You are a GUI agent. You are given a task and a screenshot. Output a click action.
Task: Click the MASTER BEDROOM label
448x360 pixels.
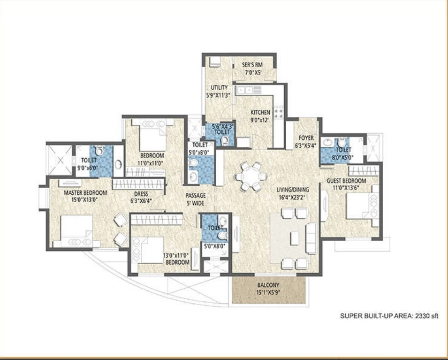pos(85,192)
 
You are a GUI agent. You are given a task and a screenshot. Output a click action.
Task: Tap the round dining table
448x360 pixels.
pos(251,176)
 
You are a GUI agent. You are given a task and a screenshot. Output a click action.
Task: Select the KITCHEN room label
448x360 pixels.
pos(260,112)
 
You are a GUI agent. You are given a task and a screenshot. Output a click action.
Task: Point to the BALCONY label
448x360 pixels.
pos(268,285)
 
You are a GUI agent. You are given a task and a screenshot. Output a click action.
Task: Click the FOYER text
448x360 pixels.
pos(306,138)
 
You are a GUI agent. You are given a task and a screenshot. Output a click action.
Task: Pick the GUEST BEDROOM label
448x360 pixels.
pos(346,181)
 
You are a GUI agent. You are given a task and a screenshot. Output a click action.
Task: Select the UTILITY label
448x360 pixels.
pos(219,87)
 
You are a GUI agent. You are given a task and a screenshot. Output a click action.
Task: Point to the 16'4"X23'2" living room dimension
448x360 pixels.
pos(293,197)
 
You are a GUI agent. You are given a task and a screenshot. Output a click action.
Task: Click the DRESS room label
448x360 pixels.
pos(141,194)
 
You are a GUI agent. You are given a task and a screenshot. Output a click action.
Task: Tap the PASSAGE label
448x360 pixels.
pos(196,196)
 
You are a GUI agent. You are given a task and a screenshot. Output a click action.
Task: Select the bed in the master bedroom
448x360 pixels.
pos(76,231)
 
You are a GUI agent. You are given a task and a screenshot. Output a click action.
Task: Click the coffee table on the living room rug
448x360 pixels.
pos(295,238)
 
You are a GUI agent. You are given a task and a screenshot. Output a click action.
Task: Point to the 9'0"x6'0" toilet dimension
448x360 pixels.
pos(89,167)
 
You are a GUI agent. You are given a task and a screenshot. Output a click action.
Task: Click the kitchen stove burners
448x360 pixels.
pos(279,112)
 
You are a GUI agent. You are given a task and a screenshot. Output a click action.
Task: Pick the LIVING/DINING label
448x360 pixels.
pos(293,190)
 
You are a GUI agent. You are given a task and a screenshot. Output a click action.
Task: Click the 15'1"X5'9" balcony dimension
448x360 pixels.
pos(268,292)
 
